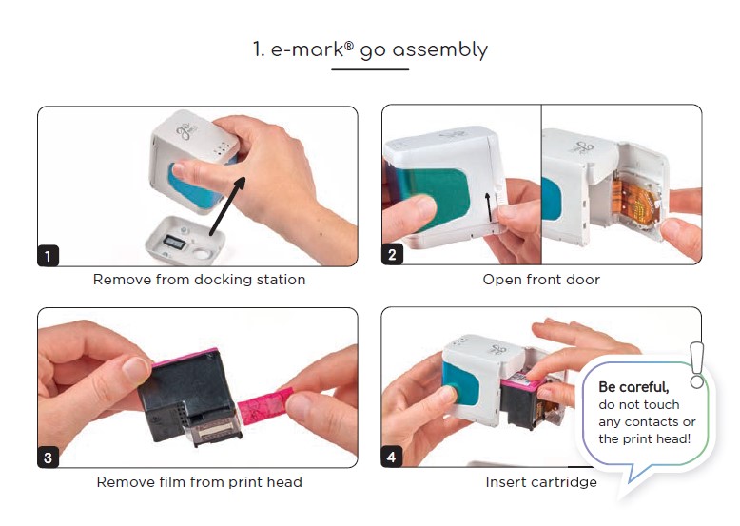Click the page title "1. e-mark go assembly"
point(370,49)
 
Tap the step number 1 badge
point(49,255)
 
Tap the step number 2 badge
point(394,255)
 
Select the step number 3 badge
point(49,457)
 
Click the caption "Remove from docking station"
point(199,280)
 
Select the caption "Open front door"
point(541,280)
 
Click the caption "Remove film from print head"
point(199,482)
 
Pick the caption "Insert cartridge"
point(541,482)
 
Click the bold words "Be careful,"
point(633,387)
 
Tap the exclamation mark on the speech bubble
point(697,364)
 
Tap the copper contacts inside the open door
point(633,203)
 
